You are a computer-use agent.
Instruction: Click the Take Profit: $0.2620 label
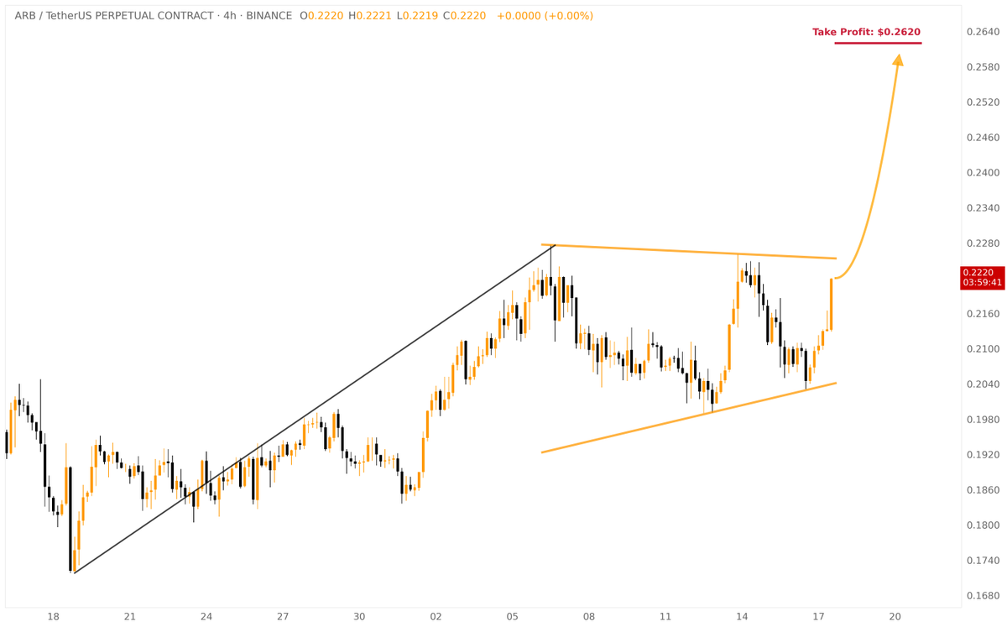tap(866, 32)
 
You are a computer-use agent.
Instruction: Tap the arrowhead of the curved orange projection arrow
tap(898, 60)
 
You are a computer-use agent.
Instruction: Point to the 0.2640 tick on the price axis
tap(982, 32)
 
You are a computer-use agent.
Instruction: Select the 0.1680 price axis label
tap(982, 596)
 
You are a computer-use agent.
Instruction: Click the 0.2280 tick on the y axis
tap(982, 243)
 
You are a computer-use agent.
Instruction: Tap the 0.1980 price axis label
tap(982, 420)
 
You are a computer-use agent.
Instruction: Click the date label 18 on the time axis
tap(53, 617)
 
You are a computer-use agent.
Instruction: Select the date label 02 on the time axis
tap(436, 617)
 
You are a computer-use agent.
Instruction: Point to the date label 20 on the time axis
tap(895, 617)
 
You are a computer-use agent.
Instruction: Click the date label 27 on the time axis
tap(283, 617)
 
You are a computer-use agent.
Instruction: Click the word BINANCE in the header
tap(269, 16)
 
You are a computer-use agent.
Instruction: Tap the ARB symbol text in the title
tap(26, 16)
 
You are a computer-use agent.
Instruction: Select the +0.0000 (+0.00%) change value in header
tap(545, 16)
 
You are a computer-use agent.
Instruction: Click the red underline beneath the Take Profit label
tap(878, 43)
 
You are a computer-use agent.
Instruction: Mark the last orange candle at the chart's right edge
tap(832, 304)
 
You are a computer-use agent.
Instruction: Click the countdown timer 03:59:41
tap(983, 283)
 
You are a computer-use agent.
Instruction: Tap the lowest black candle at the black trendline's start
tap(70, 520)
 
